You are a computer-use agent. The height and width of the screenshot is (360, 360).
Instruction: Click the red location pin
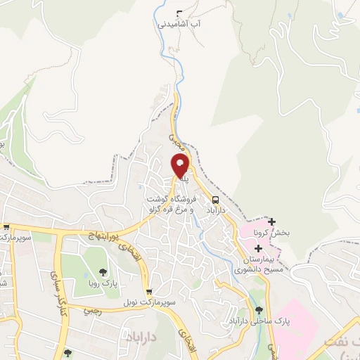181,166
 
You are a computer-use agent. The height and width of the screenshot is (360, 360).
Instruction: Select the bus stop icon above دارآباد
214,199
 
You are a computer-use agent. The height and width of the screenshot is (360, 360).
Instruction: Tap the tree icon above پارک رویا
104,271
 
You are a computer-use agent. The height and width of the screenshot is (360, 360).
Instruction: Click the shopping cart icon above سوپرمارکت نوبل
148,291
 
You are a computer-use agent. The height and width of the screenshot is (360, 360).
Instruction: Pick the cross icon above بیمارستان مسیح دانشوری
259,248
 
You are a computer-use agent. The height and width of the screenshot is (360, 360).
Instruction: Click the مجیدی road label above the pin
178,141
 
